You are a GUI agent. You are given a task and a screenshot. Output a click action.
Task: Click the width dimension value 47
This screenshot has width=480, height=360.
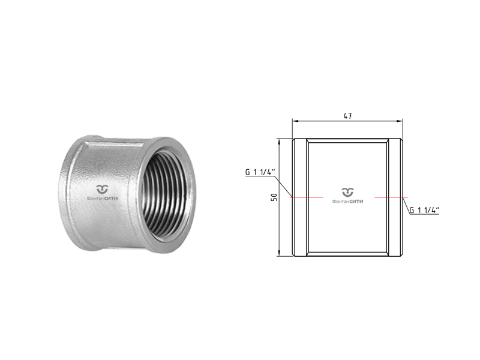[x=347, y=116]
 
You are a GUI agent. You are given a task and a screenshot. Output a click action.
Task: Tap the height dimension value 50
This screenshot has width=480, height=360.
[x=274, y=197]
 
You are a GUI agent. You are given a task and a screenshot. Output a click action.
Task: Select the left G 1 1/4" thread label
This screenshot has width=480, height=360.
[x=259, y=172]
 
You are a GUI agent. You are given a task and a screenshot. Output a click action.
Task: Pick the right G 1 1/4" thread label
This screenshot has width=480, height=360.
[x=424, y=210]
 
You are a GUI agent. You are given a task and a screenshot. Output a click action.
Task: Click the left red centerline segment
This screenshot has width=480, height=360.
[x=307, y=197]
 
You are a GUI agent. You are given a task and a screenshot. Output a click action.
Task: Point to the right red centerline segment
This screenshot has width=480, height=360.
[x=391, y=197]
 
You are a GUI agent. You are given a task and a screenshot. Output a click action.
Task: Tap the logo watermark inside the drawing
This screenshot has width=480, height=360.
[x=347, y=196]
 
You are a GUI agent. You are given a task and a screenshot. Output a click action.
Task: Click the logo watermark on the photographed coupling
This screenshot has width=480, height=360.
[x=102, y=193]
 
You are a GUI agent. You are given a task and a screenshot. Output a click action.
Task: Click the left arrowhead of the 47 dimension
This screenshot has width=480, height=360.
[x=295, y=121]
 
